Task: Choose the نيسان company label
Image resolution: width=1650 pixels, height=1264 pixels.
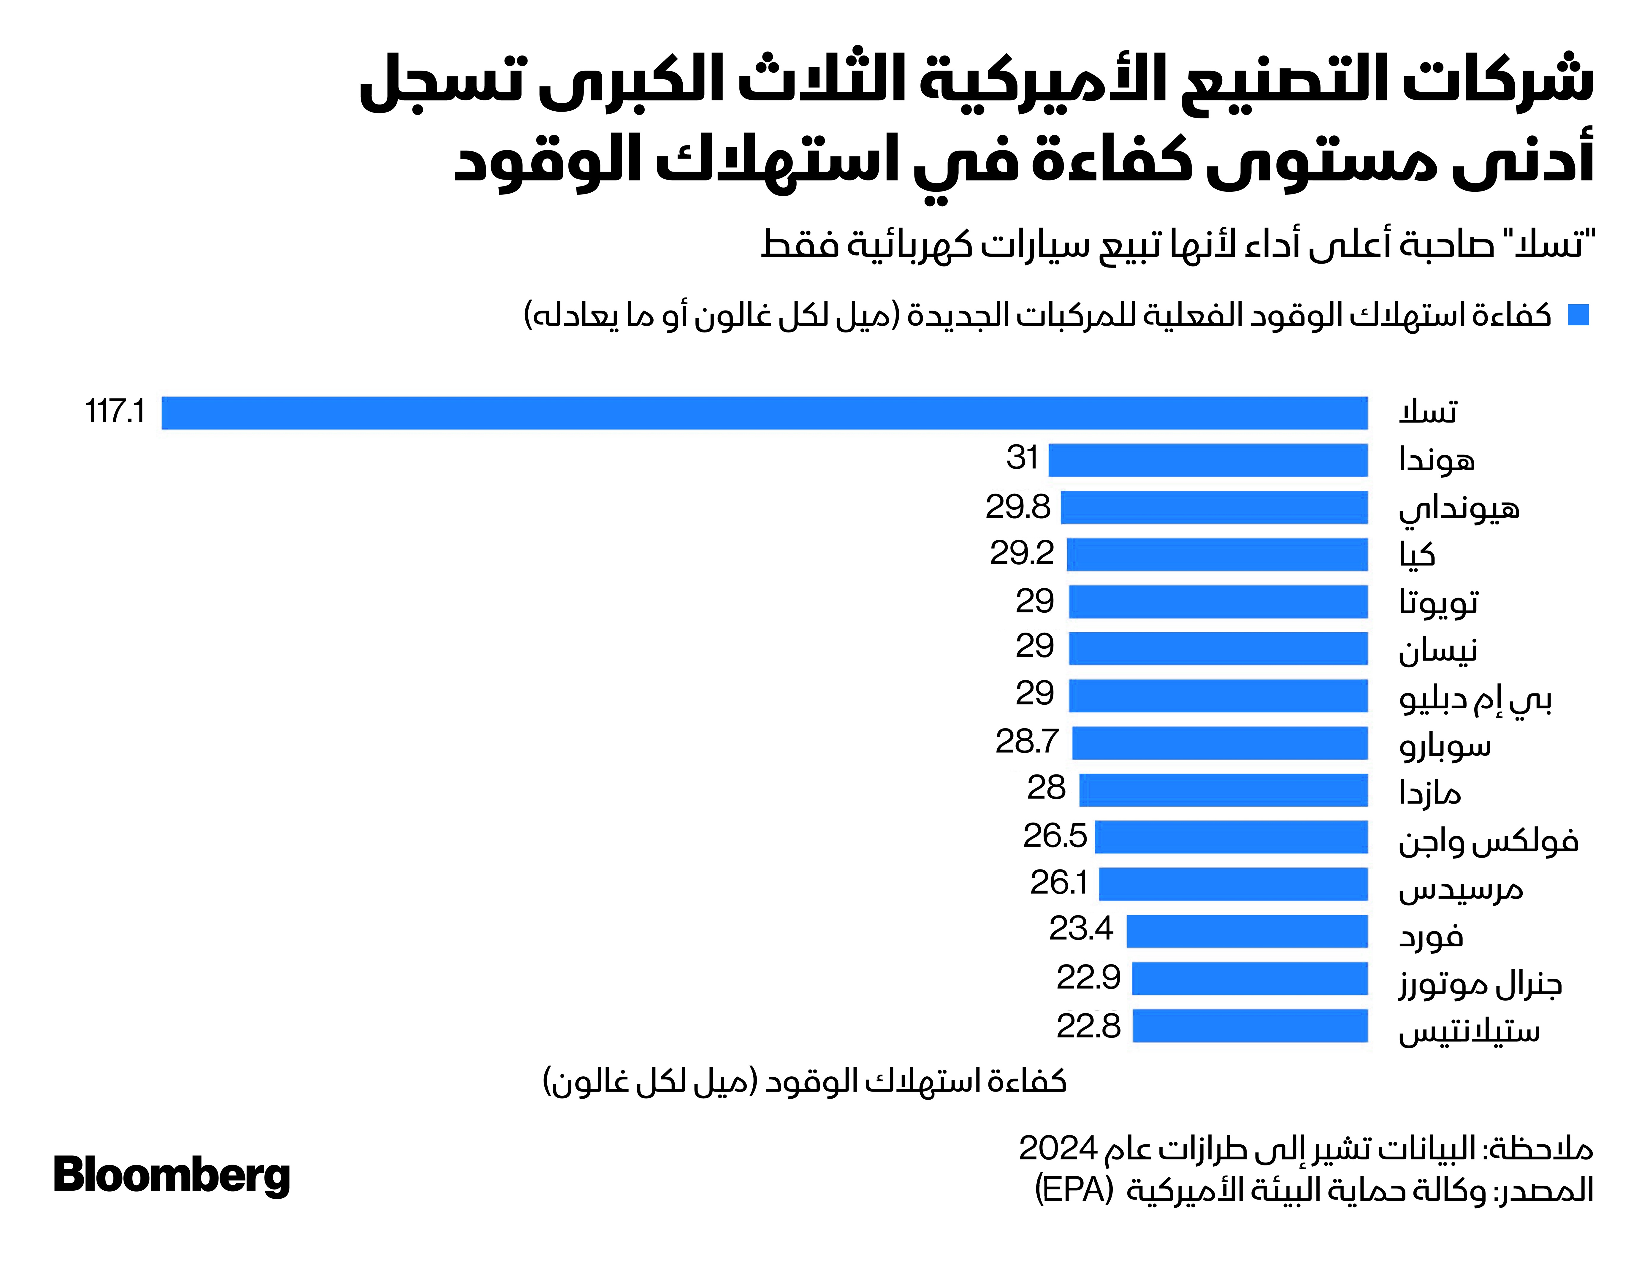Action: (x=1437, y=649)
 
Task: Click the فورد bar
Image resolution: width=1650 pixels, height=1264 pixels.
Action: (x=1247, y=932)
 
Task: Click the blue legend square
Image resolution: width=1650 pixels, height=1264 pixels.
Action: (x=1578, y=315)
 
